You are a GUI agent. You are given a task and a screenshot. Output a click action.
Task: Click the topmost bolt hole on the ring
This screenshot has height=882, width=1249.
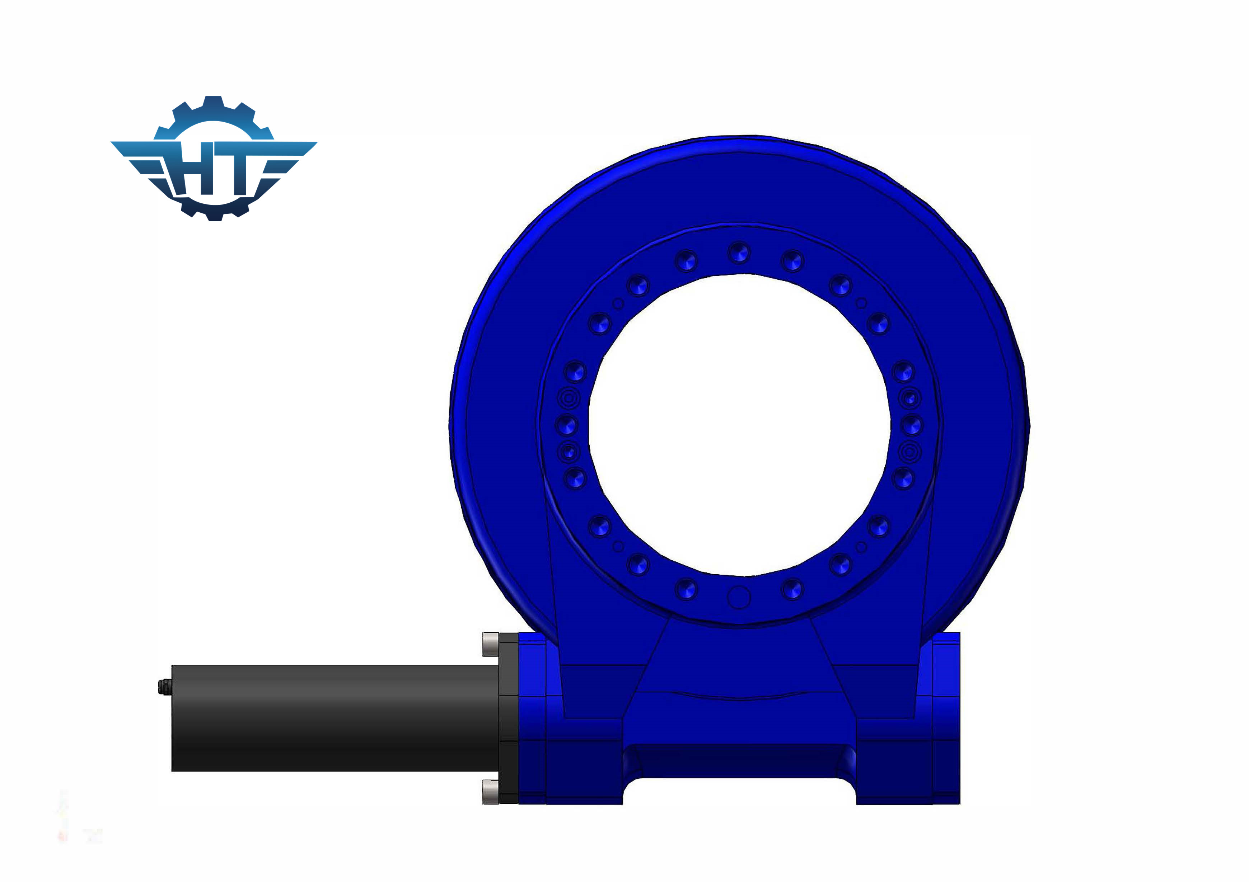click(x=739, y=252)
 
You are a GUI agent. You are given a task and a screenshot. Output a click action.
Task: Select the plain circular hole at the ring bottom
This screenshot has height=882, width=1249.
click(x=739, y=597)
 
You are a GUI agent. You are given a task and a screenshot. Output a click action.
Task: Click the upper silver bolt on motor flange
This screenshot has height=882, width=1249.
click(x=490, y=644)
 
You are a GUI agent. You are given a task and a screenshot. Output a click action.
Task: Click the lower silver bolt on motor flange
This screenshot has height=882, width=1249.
click(x=490, y=791)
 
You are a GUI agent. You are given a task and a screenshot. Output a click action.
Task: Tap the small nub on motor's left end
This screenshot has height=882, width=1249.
click(x=163, y=687)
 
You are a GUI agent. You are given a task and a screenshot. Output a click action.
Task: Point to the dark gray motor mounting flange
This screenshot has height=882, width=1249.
click(x=509, y=718)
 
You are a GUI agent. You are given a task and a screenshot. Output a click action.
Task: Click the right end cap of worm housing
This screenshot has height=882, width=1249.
click(x=946, y=718)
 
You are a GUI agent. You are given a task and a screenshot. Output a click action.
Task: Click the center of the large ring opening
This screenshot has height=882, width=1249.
click(x=739, y=424)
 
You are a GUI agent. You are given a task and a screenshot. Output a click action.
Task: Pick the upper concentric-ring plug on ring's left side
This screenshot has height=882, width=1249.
click(x=569, y=398)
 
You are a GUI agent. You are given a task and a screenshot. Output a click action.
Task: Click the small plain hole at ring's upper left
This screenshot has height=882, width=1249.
click(x=618, y=303)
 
